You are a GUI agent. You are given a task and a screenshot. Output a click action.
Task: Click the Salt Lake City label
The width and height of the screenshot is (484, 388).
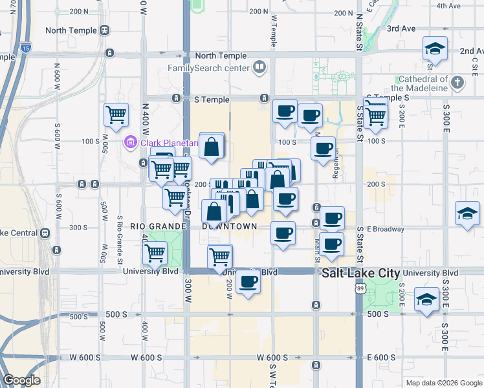pos(361,274)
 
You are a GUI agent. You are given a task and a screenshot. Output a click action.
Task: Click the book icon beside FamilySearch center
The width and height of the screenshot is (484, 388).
pos(259,67)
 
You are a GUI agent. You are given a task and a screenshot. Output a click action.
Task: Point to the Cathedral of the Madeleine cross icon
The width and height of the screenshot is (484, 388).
pos(458,82)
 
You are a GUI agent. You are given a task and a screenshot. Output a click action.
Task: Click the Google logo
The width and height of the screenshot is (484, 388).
pos(22,380)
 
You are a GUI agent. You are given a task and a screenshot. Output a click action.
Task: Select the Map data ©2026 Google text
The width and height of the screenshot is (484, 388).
pos(443,383)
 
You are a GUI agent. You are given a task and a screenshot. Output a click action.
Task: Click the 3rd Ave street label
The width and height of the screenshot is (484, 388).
pos(401,28)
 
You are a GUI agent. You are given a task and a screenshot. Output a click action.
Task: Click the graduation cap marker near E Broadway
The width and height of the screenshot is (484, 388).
pos(468,212)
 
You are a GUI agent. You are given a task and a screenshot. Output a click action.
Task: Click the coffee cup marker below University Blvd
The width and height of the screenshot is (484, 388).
pos(248,282)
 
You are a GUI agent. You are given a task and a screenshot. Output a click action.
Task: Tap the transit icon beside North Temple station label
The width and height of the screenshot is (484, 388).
pos(105,30)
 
